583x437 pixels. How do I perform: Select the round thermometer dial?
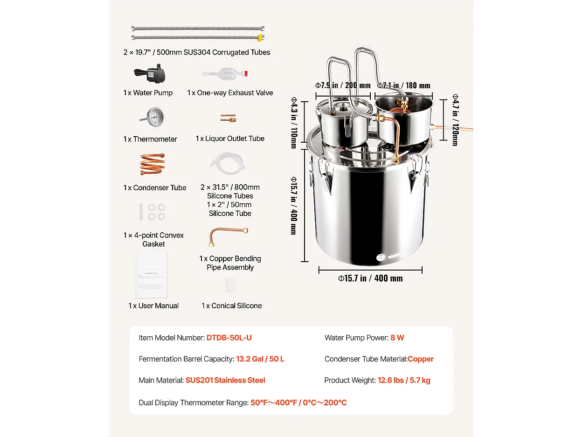153,116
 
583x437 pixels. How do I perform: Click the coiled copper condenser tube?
153,164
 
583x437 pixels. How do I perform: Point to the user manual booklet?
151,275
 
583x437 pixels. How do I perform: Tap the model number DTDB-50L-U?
229,338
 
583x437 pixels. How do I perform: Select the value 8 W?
397,338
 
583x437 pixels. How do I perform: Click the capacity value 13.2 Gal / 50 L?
260,359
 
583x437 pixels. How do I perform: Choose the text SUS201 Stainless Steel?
225,380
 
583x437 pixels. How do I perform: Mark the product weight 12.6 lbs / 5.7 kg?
404,380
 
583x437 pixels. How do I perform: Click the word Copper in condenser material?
421,359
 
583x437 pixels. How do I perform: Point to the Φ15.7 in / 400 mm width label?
370,278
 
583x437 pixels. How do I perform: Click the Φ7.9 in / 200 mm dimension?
343,85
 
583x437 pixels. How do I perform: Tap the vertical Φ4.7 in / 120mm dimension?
455,120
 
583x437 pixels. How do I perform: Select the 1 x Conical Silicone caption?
232,305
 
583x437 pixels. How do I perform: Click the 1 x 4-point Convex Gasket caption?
153,239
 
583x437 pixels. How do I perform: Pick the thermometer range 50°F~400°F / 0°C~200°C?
298,402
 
